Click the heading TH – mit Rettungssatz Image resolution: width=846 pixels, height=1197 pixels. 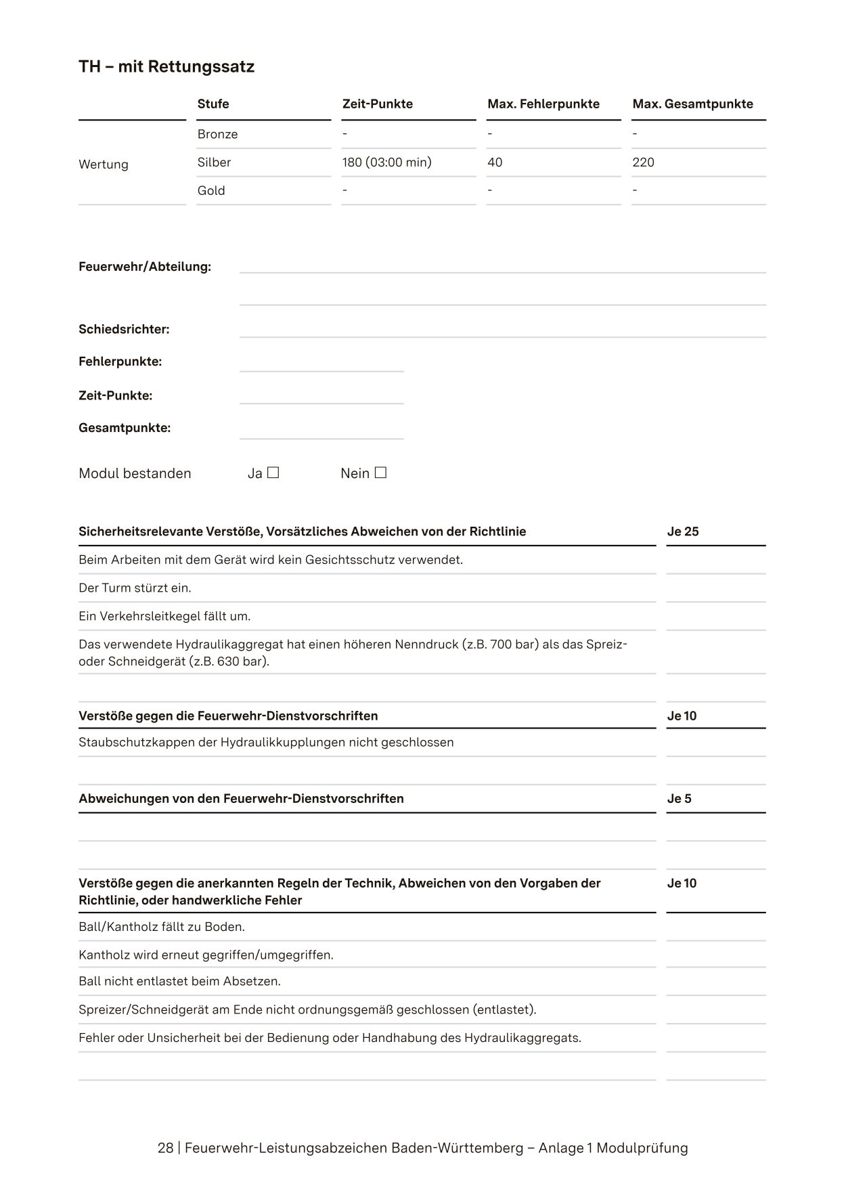coord(166,67)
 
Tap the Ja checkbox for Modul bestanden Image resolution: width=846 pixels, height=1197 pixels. coord(273,473)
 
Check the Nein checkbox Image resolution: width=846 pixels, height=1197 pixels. coord(380,473)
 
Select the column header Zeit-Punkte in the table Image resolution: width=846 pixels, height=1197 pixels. coord(377,104)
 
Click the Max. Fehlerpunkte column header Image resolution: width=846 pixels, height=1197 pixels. coord(543,104)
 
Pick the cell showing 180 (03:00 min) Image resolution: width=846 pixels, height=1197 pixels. coord(386,162)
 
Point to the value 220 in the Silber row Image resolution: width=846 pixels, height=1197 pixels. coord(643,162)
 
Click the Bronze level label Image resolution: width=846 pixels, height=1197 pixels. coord(217,134)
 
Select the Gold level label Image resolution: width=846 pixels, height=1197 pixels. coord(210,191)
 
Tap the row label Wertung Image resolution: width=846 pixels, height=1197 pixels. coord(103,165)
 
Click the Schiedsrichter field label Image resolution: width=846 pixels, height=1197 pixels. coord(124,330)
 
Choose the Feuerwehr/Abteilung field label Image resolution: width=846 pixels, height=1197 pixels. coord(145,267)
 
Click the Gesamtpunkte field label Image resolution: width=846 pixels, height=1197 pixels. coord(125,428)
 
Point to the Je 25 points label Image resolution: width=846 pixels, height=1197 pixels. coord(682,531)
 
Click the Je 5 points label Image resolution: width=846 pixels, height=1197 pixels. coord(679,799)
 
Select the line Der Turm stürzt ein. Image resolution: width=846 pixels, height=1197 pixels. coord(135,588)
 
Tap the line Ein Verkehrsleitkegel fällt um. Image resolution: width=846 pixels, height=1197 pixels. coord(164,617)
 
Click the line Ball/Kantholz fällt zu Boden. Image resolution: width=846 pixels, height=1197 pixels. coord(162,927)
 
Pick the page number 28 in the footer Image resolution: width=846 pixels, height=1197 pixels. coord(165,1148)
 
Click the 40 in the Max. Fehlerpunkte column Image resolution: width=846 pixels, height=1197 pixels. coord(495,162)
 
